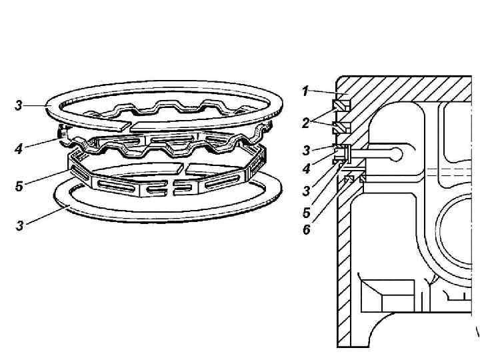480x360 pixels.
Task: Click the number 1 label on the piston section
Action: (x=305, y=91)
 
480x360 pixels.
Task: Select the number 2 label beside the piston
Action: (x=305, y=122)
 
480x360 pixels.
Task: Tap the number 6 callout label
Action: (x=306, y=231)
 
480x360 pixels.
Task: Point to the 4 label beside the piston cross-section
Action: (x=306, y=169)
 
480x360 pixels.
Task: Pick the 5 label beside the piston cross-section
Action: (x=306, y=214)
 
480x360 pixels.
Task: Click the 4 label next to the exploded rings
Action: (x=18, y=149)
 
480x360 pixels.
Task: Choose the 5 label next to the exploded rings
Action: (x=19, y=187)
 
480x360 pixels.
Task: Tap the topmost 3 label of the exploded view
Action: (x=19, y=106)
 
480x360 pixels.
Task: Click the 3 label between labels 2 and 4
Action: (x=306, y=149)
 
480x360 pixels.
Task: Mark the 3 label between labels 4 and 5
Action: (x=306, y=191)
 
